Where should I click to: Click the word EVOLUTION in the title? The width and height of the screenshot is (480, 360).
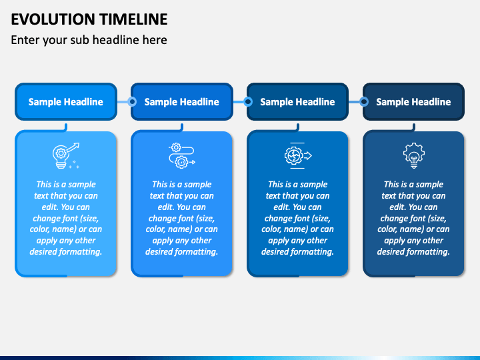pyautogui.click(x=53, y=19)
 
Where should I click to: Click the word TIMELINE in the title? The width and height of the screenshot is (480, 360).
pyautogui.click(x=133, y=19)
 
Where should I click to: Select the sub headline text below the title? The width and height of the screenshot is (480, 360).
pyautogui.click(x=89, y=40)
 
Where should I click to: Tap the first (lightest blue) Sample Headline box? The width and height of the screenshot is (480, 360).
pyautogui.click(x=66, y=101)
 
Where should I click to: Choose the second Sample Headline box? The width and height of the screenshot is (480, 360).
pyautogui.click(x=182, y=101)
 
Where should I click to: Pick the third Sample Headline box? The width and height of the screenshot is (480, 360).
pyautogui.click(x=297, y=101)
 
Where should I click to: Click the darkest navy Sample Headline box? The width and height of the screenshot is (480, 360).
pyautogui.click(x=413, y=101)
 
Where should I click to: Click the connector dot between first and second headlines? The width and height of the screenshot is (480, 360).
pyautogui.click(x=132, y=101)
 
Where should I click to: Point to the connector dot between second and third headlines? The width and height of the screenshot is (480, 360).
pyautogui.click(x=248, y=101)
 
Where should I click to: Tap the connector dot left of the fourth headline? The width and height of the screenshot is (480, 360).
pyautogui.click(x=364, y=101)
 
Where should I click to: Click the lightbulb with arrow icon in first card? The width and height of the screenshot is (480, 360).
pyautogui.click(x=66, y=155)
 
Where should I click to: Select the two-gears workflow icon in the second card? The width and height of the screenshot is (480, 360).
pyautogui.click(x=182, y=155)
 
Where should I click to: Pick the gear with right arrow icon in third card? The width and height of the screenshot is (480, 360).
pyautogui.click(x=298, y=155)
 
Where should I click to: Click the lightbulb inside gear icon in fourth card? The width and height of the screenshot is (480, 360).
pyautogui.click(x=414, y=155)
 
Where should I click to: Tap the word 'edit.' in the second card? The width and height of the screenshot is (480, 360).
pyautogui.click(x=166, y=207)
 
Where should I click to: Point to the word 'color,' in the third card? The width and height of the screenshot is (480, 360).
pyautogui.click(x=272, y=229)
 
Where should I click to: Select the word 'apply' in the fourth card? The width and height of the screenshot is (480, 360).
pyautogui.click(x=394, y=241)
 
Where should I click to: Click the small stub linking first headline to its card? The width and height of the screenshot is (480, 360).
pyautogui.click(x=66, y=127)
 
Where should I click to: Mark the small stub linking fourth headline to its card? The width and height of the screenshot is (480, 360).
pyautogui.click(x=414, y=127)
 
